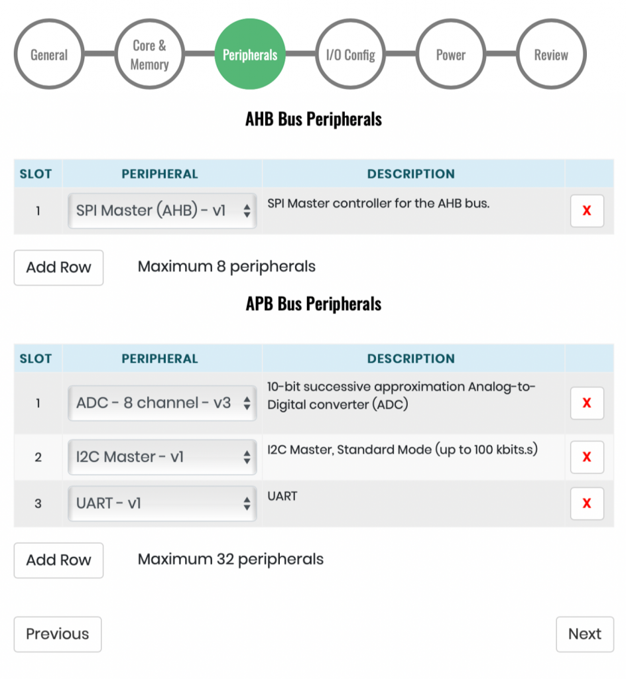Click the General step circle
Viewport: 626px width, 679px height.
click(x=49, y=54)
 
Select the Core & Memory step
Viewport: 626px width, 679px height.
click(x=149, y=54)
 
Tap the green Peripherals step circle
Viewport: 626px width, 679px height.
click(x=250, y=54)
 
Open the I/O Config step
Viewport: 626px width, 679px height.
click(x=350, y=54)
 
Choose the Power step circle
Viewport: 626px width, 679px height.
click(x=451, y=54)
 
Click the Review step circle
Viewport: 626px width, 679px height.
click(x=551, y=54)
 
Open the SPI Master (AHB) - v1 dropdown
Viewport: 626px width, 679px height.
click(x=162, y=211)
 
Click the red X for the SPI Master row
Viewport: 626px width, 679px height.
click(x=587, y=211)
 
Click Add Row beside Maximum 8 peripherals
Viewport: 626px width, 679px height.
click(x=58, y=268)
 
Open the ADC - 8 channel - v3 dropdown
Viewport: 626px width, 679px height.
click(x=162, y=403)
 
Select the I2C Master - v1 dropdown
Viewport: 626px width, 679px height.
click(x=162, y=457)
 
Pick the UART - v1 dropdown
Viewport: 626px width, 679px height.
click(x=162, y=503)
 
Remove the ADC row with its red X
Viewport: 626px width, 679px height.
click(x=587, y=403)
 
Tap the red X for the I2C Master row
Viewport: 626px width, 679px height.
click(x=587, y=457)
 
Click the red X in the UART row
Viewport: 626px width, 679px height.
click(x=587, y=503)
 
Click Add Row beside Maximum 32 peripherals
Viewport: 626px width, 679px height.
click(x=58, y=560)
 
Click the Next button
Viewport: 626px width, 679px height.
click(x=585, y=635)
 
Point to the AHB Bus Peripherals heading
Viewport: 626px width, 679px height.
click(x=314, y=119)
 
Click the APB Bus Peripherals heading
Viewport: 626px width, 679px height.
click(x=314, y=304)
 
